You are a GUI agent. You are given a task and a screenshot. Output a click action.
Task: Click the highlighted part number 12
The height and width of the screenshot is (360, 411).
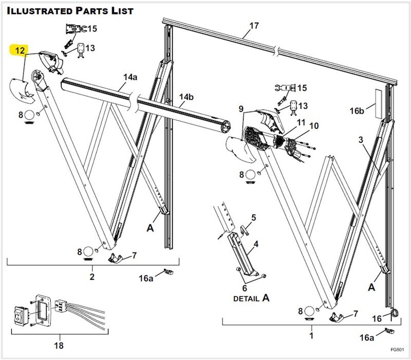tap(18, 50)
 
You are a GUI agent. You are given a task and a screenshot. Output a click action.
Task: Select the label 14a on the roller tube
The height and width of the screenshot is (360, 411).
tap(130, 78)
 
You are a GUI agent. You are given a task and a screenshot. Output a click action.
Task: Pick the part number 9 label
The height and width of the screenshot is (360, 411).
tap(240, 109)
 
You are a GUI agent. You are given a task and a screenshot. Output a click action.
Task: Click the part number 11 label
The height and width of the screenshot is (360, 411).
tap(301, 122)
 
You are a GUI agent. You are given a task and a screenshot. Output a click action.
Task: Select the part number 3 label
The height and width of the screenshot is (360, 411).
tap(361, 139)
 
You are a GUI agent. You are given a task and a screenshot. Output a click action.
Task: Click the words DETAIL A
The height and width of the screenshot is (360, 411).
tap(252, 298)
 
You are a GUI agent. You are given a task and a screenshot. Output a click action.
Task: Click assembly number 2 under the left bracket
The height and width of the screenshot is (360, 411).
tap(92, 277)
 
